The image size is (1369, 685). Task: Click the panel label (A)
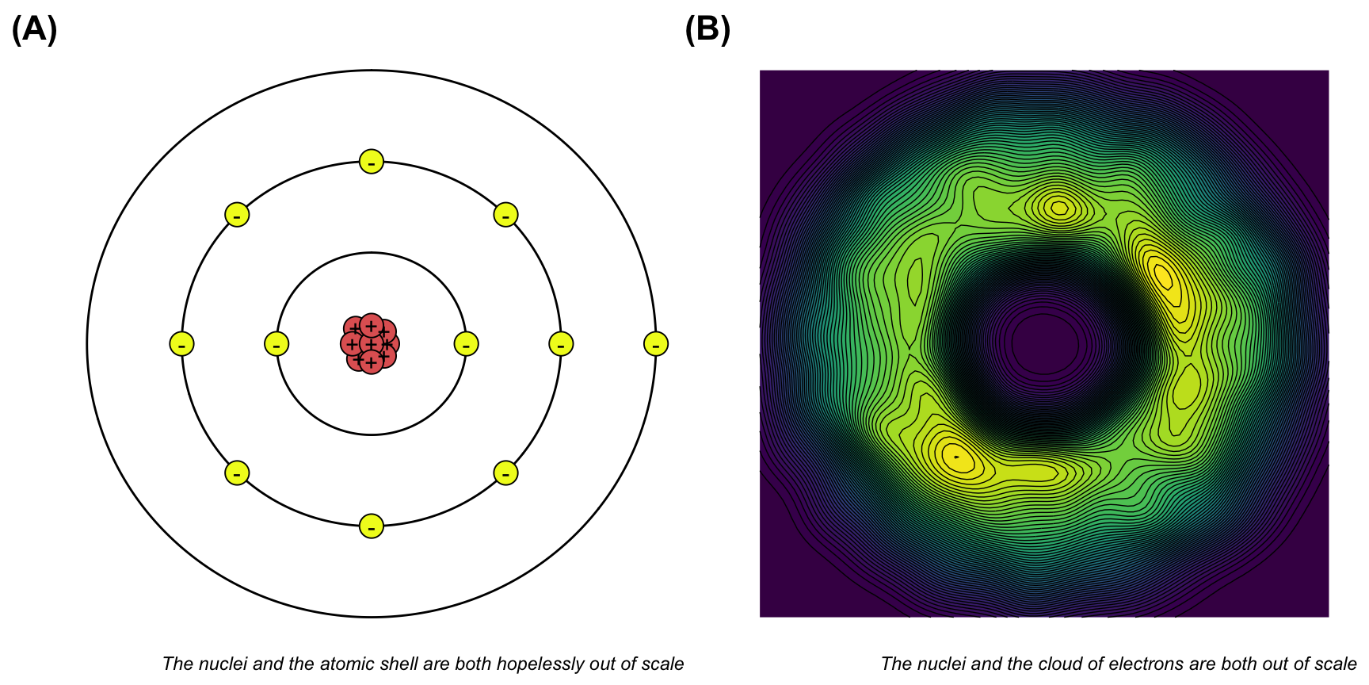(x=34, y=29)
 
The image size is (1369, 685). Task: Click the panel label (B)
(x=707, y=29)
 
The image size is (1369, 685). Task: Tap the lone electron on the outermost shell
(x=655, y=344)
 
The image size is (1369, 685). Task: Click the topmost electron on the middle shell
(x=372, y=162)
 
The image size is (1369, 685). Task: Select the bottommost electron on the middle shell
(x=372, y=526)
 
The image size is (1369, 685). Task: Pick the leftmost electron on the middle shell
(x=182, y=344)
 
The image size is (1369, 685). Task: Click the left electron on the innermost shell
(x=276, y=344)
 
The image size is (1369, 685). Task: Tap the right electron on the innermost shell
(x=466, y=344)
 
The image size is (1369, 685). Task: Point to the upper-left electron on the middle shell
(x=237, y=215)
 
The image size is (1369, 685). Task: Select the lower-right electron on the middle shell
(x=505, y=473)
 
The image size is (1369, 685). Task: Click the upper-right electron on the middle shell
(x=505, y=215)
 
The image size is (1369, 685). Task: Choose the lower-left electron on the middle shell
(x=237, y=473)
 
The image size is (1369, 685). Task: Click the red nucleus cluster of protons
(x=370, y=343)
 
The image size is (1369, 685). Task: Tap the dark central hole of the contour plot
(x=1044, y=342)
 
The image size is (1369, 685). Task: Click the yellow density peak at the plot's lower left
(x=956, y=457)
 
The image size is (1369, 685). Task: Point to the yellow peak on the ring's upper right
(x=1163, y=275)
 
